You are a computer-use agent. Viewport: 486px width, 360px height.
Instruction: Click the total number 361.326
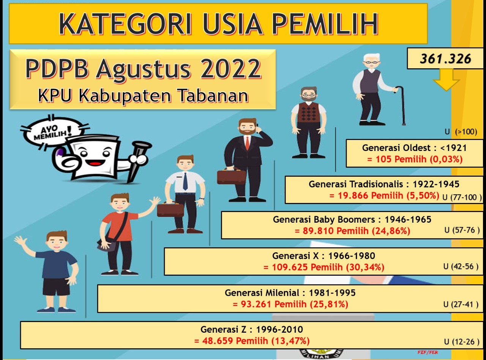(445, 59)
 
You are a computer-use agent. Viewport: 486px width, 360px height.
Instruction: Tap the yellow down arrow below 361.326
(446, 80)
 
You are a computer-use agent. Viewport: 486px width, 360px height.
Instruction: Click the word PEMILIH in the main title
(325, 24)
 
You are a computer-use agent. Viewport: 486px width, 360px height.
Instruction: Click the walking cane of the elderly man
(400, 105)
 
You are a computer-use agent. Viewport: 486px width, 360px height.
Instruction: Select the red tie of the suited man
(248, 143)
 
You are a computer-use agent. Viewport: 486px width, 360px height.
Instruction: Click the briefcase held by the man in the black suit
(231, 176)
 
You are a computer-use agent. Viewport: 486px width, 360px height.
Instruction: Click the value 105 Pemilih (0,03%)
(415, 159)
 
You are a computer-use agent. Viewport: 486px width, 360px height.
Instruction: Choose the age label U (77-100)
(462, 197)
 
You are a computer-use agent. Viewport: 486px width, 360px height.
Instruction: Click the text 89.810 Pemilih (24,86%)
(352, 231)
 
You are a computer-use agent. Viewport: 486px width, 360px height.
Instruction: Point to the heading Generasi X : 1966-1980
(323, 256)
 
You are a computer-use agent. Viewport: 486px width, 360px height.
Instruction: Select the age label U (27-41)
(461, 304)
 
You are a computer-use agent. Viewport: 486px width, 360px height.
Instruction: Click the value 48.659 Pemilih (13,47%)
(252, 341)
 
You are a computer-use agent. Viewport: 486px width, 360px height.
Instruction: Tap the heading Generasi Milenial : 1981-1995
(290, 293)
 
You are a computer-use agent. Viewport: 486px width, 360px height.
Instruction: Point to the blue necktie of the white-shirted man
(185, 181)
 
